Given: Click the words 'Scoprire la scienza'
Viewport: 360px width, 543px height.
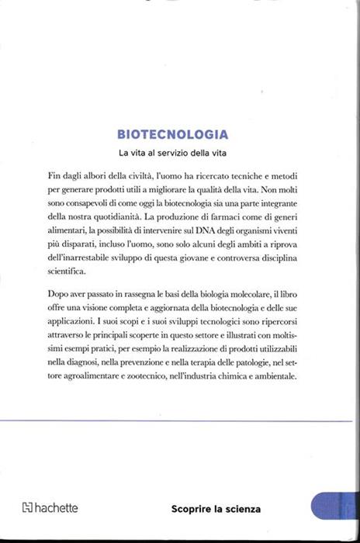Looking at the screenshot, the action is coord(216,510).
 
